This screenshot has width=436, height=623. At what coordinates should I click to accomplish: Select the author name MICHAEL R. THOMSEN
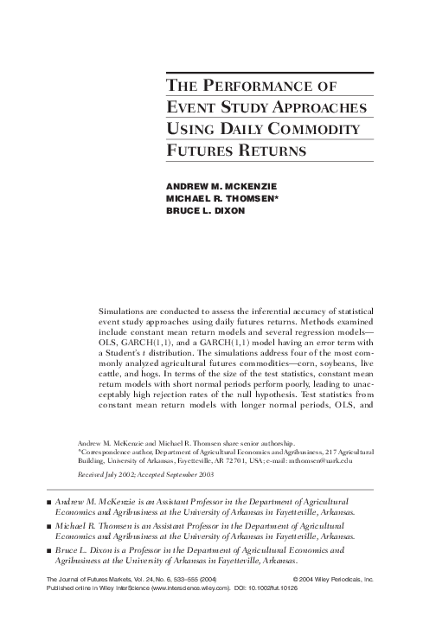point(221,198)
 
